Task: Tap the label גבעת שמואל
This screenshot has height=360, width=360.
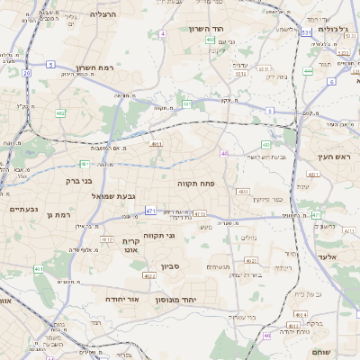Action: (x=115, y=195)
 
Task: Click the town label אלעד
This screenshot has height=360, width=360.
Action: (x=326, y=257)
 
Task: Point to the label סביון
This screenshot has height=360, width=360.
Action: (x=171, y=267)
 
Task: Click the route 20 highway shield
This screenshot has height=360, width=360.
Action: (x=27, y=73)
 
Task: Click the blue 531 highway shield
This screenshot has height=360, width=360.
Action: (x=307, y=31)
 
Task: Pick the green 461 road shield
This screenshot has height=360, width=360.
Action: (x=39, y=269)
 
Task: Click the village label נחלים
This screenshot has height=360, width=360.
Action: (x=247, y=238)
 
